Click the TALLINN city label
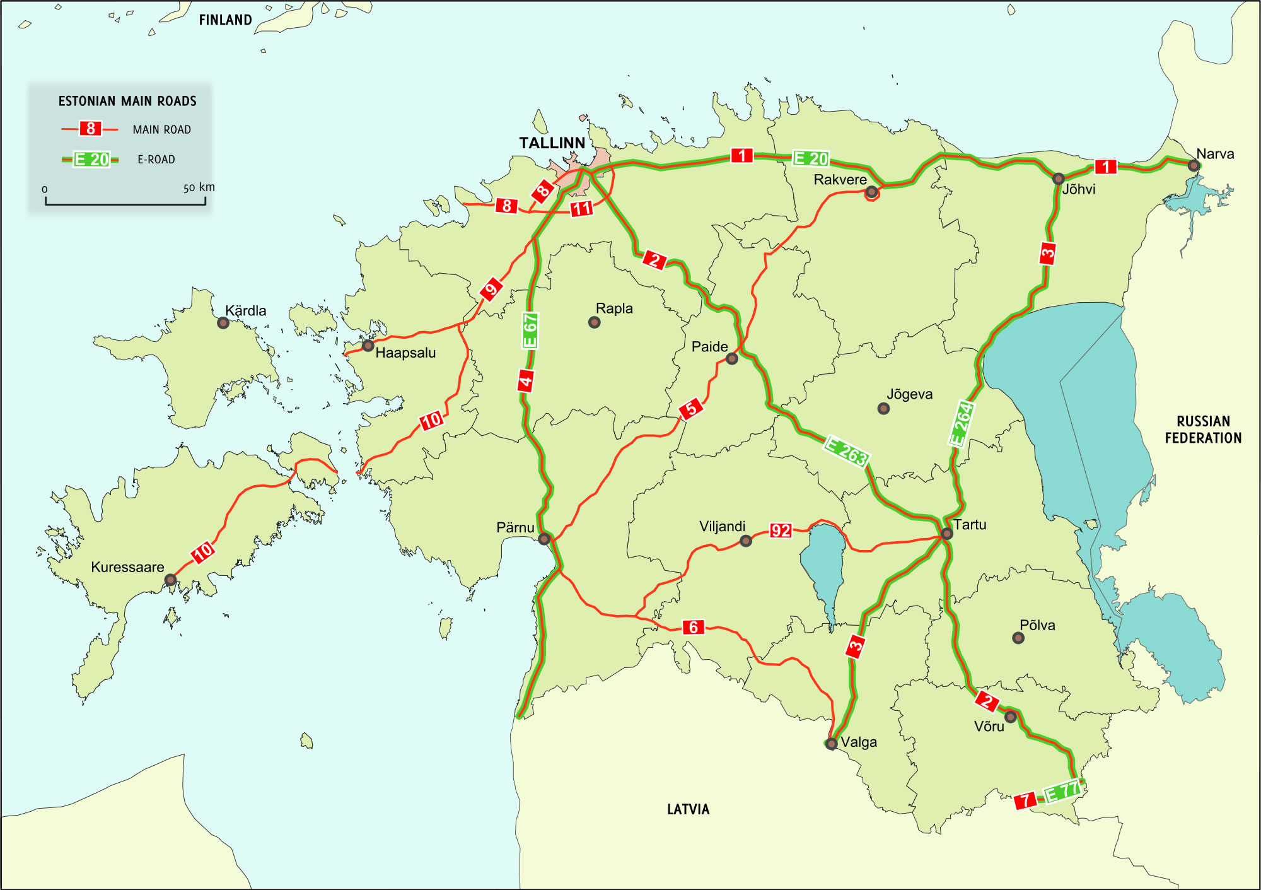552,143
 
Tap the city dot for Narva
1194,166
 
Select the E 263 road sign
847,452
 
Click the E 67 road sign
530,331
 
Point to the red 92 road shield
781,530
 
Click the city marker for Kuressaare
170,580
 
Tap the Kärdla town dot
223,323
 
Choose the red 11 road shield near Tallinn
581,208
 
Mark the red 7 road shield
1025,800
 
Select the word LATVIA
688,809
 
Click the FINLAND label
225,20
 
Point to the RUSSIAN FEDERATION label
1203,430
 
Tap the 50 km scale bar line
125,204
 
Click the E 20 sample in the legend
91,160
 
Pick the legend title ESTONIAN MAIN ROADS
127,101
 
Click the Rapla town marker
594,322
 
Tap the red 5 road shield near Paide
691,408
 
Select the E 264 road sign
962,423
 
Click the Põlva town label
1037,625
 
